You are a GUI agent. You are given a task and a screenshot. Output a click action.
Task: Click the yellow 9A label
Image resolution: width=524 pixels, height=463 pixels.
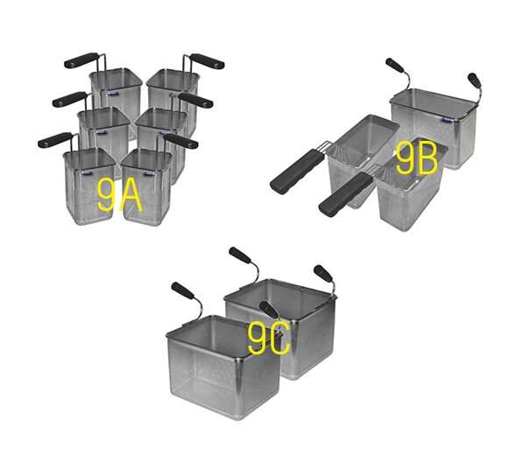(120, 195)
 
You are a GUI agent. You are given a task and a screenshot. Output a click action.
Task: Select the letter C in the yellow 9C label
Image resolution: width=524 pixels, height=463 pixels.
(280, 340)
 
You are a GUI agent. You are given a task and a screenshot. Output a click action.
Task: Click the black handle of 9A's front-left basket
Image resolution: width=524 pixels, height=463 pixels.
(55, 140)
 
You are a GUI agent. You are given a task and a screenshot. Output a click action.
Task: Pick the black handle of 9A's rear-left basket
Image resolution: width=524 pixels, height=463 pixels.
(81, 60)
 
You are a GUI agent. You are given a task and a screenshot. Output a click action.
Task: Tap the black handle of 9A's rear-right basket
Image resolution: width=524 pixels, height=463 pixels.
(207, 61)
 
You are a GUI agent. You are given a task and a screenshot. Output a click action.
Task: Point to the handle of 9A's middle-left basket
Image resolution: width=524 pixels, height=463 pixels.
(69, 99)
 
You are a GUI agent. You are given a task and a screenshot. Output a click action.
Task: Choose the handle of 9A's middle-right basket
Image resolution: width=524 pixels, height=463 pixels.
(195, 100)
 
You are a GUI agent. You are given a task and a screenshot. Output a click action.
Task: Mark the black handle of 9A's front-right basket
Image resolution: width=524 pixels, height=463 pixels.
(181, 141)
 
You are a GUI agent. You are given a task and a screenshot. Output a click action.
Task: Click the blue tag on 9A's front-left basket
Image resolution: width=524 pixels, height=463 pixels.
(86, 173)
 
